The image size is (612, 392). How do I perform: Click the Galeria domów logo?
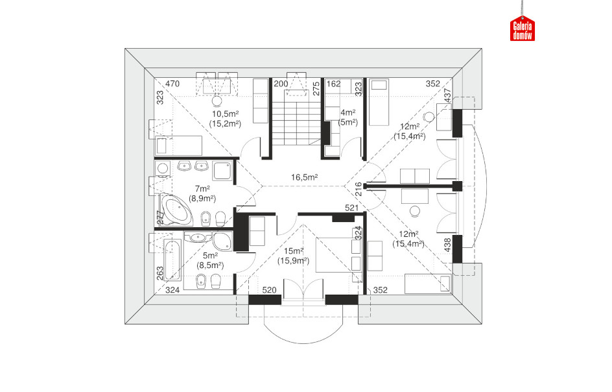523,28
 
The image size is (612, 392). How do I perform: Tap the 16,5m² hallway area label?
304,177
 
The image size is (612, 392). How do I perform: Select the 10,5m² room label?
225,114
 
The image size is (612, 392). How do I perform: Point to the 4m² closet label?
347,112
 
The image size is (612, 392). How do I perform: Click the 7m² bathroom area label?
202,189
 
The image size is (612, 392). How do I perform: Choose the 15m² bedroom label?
294,251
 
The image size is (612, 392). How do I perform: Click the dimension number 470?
172,84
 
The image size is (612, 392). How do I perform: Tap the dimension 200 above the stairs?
281,84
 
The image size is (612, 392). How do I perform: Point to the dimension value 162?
333,84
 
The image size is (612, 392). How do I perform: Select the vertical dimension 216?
359,190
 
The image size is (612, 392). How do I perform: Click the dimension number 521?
351,208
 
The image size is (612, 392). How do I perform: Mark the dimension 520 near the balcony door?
269,290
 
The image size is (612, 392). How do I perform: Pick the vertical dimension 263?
160,273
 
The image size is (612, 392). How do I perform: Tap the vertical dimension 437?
448,96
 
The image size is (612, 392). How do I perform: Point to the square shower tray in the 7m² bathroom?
222,171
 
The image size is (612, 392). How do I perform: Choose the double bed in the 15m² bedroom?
336,254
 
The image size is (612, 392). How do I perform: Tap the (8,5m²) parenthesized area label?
210,265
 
